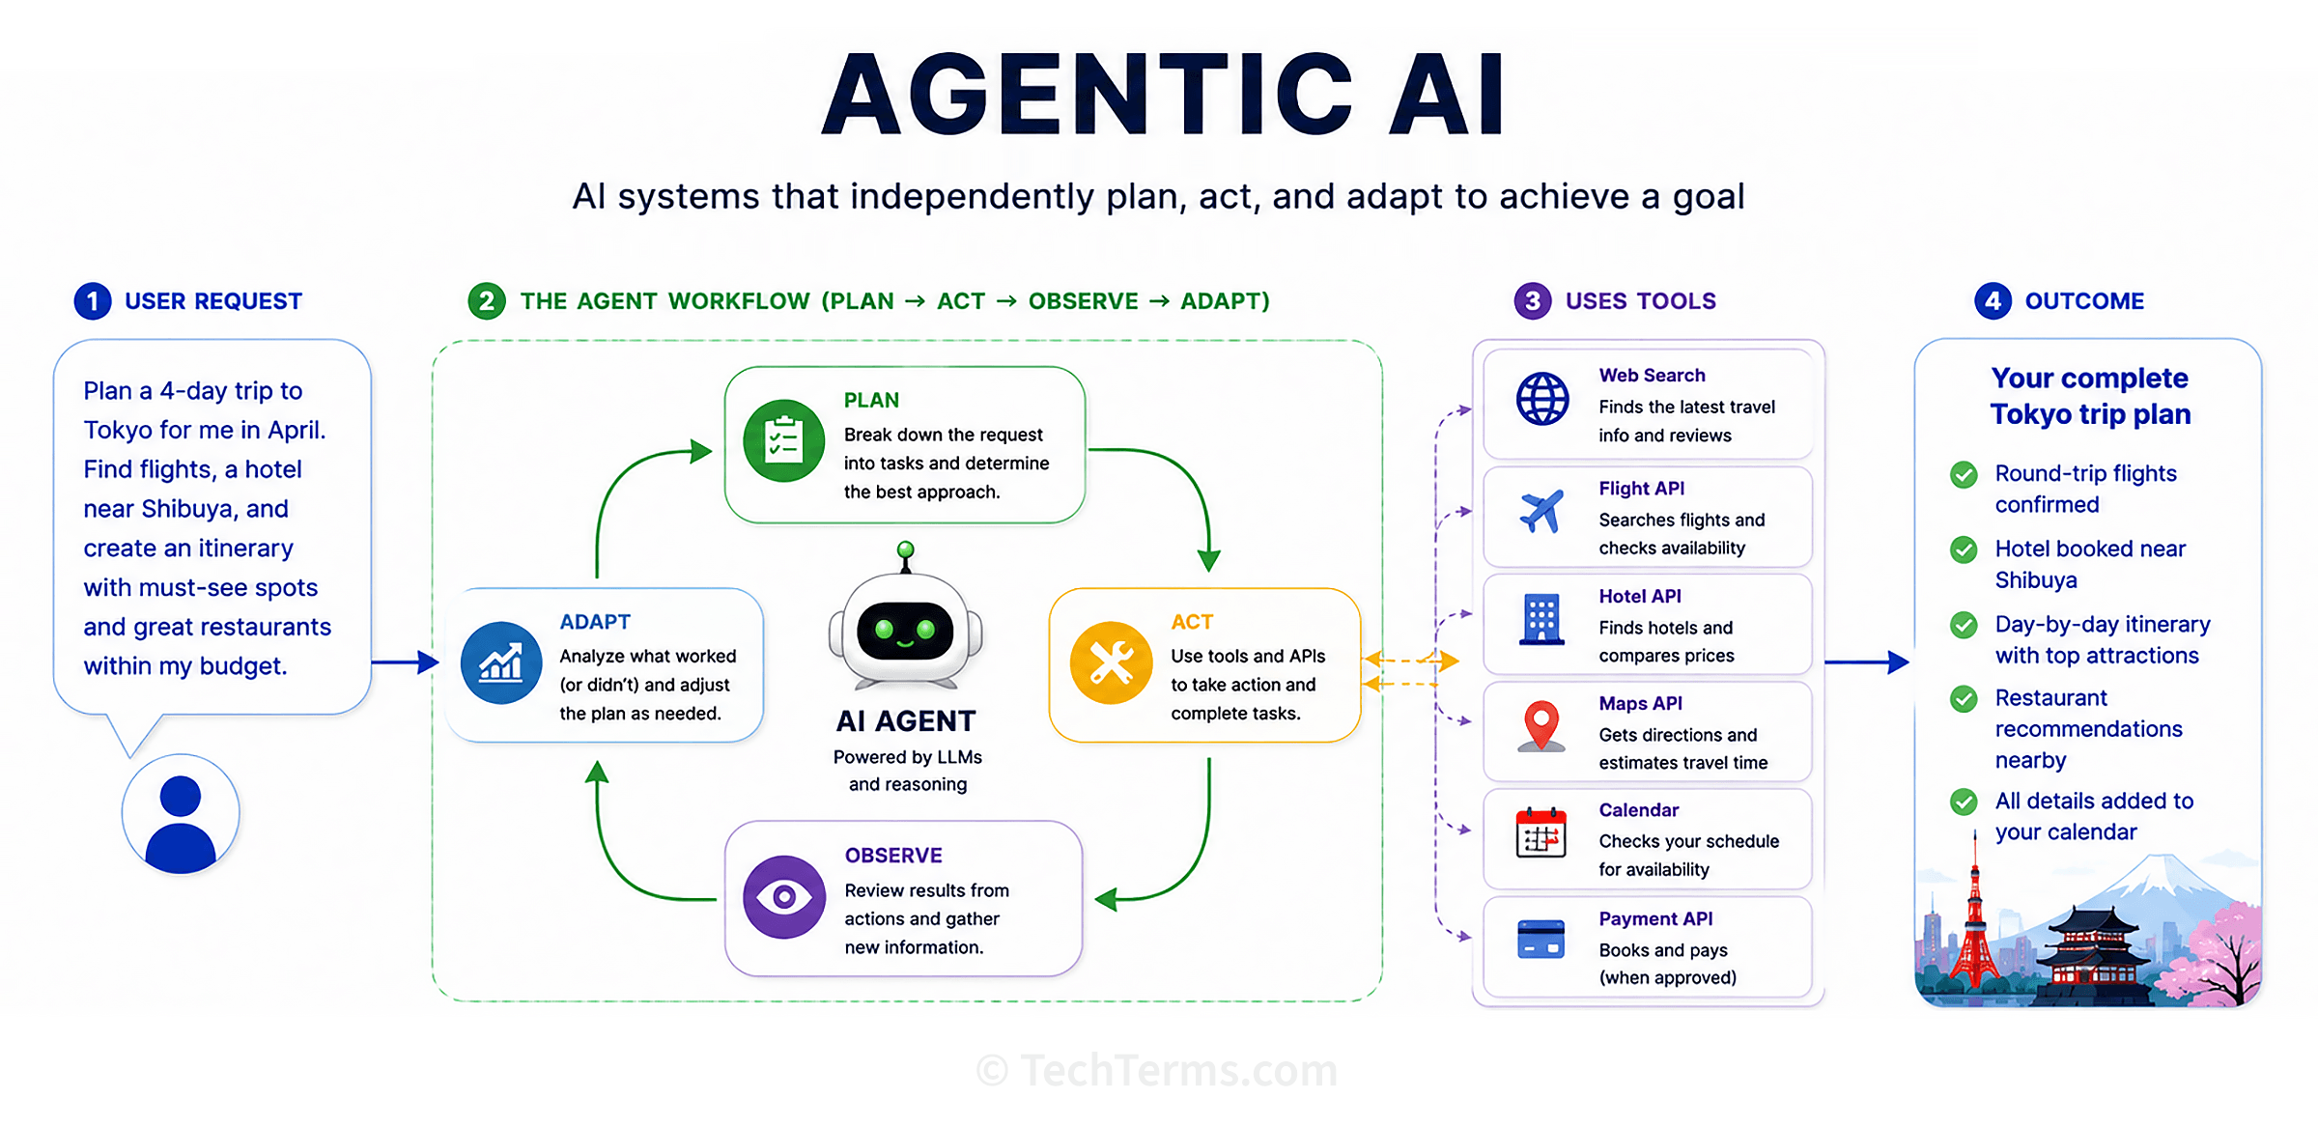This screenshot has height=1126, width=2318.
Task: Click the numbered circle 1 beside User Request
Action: tap(93, 301)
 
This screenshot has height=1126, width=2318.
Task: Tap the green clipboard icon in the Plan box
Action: tap(783, 441)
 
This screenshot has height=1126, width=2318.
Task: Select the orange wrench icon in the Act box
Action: tap(1111, 663)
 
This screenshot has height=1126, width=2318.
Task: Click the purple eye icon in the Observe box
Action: tap(783, 897)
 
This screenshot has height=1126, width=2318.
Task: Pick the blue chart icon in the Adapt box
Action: tap(501, 663)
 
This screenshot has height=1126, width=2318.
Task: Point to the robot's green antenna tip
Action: tap(905, 549)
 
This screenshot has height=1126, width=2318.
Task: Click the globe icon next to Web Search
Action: tap(1542, 399)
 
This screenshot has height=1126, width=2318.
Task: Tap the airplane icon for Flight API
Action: tap(1541, 511)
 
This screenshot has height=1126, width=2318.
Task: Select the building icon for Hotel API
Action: tap(1541, 619)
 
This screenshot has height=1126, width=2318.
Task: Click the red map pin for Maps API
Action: tap(1541, 726)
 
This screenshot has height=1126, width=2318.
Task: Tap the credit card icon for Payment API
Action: tap(1541, 939)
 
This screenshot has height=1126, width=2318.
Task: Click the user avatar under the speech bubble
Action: tap(181, 814)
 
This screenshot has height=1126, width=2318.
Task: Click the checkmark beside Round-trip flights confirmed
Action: tap(1964, 474)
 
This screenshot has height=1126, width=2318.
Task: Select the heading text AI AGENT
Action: tap(906, 721)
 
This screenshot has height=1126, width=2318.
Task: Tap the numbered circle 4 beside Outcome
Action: tap(1993, 301)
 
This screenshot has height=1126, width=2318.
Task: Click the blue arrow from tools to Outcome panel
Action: tap(1867, 662)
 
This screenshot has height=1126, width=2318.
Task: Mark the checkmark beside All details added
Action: tap(1964, 802)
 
